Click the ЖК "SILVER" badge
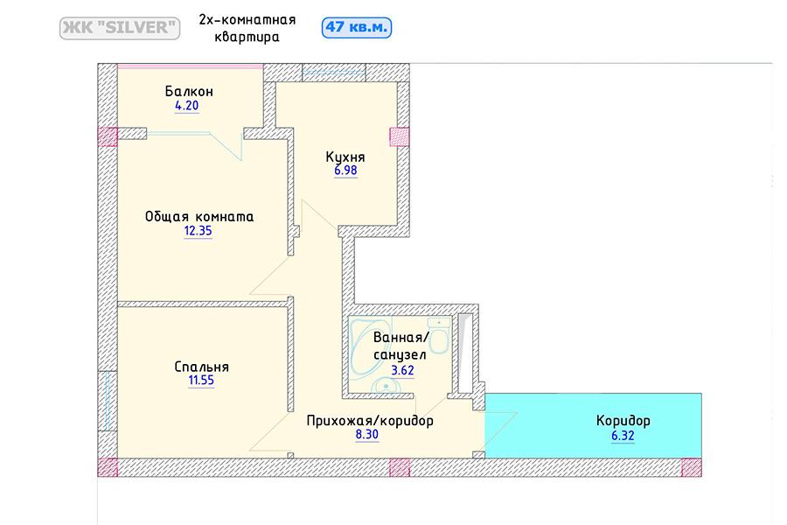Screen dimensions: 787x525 120,28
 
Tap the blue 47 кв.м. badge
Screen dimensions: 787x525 357,27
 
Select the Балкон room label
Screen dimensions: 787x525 189,91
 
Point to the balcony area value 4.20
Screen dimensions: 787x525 187,106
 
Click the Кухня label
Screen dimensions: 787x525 345,157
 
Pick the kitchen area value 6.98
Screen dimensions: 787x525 345,171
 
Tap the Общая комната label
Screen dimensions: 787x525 199,216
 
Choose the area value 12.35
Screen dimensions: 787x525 198,231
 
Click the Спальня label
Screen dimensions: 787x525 201,367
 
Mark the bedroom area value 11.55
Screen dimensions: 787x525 201,381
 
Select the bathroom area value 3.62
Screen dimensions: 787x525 402,370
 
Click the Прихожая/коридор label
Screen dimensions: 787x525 370,421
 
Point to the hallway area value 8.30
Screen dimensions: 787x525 367,435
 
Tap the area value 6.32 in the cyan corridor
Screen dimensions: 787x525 623,436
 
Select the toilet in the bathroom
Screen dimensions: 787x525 439,335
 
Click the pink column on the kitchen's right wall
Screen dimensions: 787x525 400,136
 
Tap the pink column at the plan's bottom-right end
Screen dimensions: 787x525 692,467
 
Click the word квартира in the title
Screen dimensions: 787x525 247,37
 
